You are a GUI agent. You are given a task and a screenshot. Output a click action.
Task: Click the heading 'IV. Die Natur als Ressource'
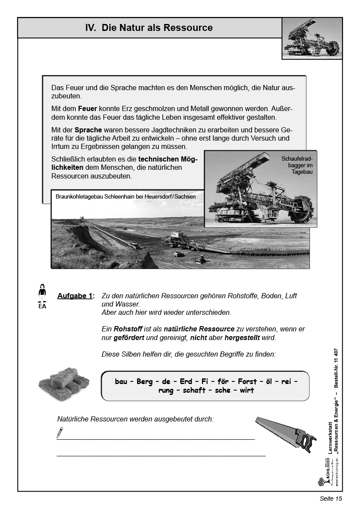pos(149,28)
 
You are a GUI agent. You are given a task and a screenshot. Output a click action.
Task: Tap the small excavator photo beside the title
pos(312,38)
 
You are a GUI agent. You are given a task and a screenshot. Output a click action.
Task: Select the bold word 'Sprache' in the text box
pos(88,129)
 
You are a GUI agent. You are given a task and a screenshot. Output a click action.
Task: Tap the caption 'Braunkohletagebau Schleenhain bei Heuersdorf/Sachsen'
pos(126,196)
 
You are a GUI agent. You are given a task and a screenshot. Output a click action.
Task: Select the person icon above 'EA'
pos(42,292)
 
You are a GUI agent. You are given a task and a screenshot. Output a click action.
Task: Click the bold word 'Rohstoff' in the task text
pos(127,329)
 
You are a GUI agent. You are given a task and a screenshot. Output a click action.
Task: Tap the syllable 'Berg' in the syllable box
pos(145,381)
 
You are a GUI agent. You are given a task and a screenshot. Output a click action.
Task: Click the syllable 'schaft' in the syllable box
pos(194,391)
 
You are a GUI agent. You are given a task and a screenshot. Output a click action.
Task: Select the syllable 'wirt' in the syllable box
pos(247,391)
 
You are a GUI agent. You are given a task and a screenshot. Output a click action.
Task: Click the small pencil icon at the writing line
pos(60,433)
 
